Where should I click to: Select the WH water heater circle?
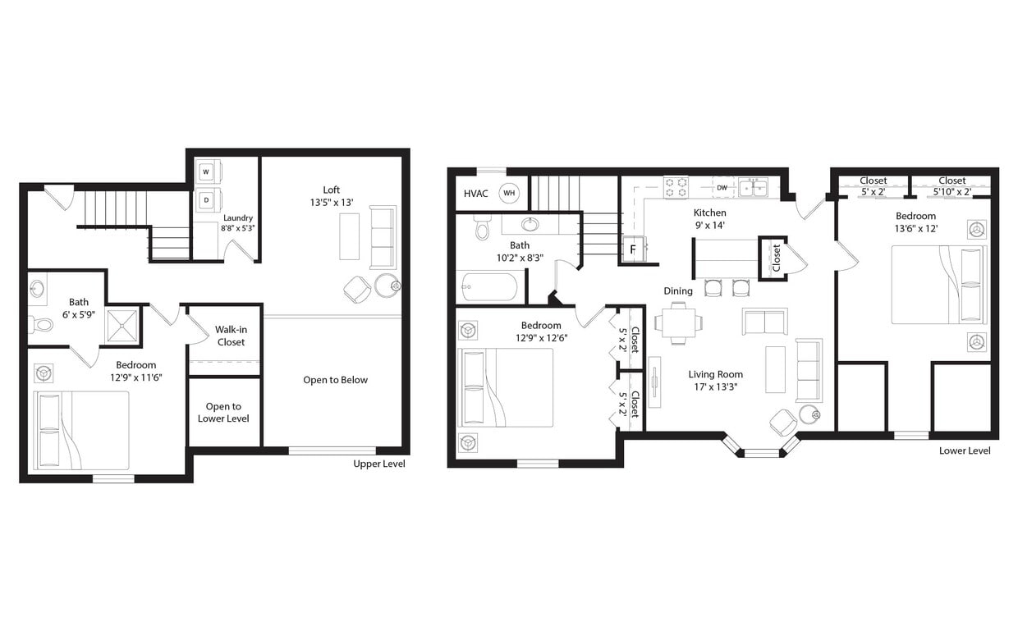pos(510,193)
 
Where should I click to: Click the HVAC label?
pos(476,194)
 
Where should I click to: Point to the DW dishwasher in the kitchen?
pos(722,188)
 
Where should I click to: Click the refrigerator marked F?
pos(633,249)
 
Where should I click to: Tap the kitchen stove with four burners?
pos(675,187)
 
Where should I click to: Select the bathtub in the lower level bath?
pos(489,287)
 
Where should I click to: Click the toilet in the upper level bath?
pos(40,325)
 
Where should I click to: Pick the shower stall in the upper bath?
pos(122,326)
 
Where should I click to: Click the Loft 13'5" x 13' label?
pos(331,196)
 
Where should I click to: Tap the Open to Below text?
pos(335,380)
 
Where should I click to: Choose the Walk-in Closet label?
pos(231,336)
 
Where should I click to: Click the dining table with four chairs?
pos(678,322)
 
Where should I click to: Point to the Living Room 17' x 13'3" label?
pos(715,381)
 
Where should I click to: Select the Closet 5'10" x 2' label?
pos(952,186)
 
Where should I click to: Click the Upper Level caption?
pos(378,464)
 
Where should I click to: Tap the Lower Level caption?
pos(965,450)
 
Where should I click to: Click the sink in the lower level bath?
pos(530,224)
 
